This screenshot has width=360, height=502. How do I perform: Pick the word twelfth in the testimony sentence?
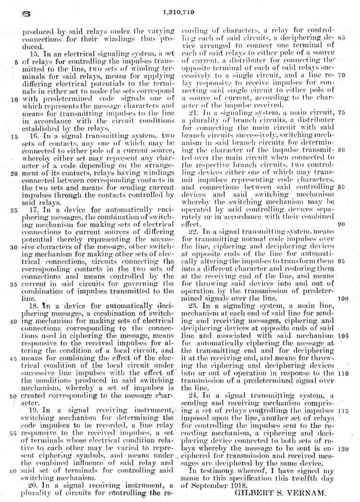(304, 475)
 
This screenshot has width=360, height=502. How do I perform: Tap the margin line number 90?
(341, 224)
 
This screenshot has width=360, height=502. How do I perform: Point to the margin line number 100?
(343, 298)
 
